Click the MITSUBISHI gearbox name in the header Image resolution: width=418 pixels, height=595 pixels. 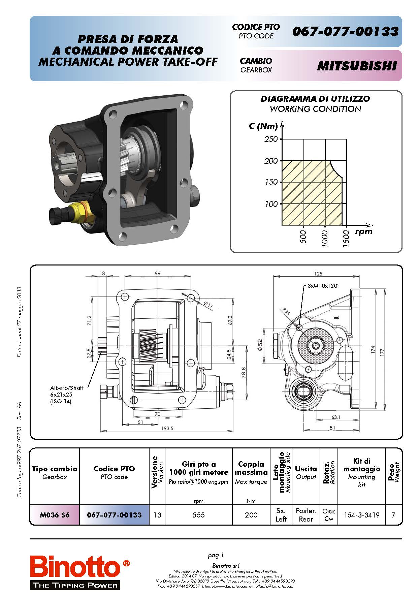(x=357, y=66)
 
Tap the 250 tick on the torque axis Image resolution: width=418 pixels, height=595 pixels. (x=271, y=139)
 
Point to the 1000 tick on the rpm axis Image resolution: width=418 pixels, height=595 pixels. (x=324, y=238)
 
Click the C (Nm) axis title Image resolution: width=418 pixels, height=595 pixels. (x=263, y=126)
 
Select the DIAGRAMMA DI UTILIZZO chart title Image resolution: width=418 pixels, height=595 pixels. (x=315, y=99)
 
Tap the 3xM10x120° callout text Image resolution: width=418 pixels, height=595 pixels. (x=323, y=286)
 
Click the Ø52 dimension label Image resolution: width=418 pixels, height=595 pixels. (x=260, y=345)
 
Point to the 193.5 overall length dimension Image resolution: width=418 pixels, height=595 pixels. (x=167, y=428)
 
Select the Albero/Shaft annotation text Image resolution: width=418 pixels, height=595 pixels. (x=67, y=388)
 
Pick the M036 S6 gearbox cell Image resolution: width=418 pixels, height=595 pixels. (x=55, y=515)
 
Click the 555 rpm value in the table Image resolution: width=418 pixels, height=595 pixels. (x=199, y=515)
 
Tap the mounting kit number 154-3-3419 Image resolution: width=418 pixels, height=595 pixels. (x=361, y=515)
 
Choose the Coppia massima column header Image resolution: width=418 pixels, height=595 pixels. (x=251, y=468)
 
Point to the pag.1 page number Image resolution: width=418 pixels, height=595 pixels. (x=216, y=555)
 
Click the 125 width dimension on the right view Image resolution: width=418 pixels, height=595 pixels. (x=318, y=274)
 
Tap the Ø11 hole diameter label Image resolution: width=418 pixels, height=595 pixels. (x=208, y=305)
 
